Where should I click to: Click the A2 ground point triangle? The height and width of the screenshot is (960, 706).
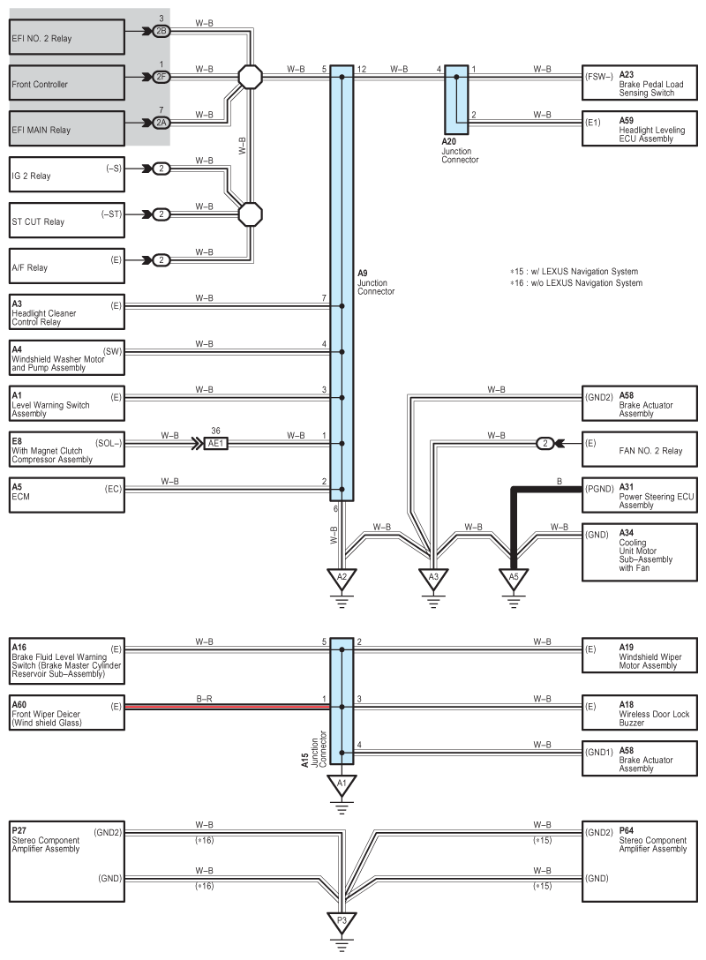pyautogui.click(x=342, y=578)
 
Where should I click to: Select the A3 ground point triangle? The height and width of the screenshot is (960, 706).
pyautogui.click(x=433, y=578)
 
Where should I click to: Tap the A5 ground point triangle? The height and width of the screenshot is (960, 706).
pyautogui.click(x=513, y=578)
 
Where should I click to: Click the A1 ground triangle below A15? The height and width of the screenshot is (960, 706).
pyautogui.click(x=342, y=783)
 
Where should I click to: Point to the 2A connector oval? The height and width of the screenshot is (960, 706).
pyautogui.click(x=161, y=123)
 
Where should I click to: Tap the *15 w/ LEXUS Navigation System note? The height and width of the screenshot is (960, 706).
pyautogui.click(x=574, y=271)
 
